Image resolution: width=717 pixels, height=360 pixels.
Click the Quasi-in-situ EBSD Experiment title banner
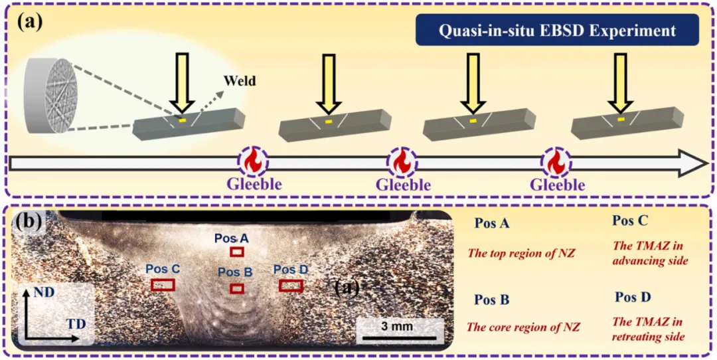point(557,31)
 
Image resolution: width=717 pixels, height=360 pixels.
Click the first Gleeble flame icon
point(253,161)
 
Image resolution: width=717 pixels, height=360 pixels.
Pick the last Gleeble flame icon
point(555,161)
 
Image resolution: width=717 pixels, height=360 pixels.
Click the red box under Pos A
point(236,251)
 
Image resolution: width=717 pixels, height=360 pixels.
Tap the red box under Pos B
point(237,288)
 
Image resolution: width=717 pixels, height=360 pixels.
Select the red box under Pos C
point(163,284)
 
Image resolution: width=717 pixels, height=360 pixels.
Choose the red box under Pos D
point(291,286)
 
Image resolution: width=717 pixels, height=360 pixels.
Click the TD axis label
point(75,323)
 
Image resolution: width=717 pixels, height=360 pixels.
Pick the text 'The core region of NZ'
point(523,327)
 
